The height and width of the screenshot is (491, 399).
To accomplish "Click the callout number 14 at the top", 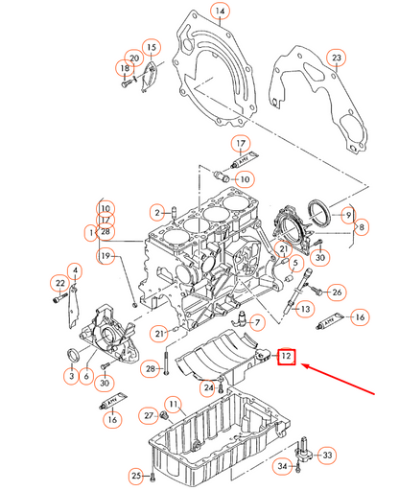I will click(220, 12).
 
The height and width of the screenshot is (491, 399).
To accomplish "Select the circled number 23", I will click(336, 59).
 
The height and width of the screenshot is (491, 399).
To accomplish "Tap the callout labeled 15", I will click(151, 47).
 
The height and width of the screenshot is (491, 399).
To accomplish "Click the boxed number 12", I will click(287, 357).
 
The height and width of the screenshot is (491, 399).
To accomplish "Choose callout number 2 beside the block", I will click(156, 211).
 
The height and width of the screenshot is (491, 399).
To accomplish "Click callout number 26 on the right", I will click(337, 292).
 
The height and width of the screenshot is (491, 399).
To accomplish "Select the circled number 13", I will click(303, 309).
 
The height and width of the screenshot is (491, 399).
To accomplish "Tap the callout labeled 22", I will click(59, 283).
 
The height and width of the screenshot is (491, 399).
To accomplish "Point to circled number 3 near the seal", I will click(70, 377).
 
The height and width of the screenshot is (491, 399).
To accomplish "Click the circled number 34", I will click(283, 467).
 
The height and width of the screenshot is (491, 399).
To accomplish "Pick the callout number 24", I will click(207, 388).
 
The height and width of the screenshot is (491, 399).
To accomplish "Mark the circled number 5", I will click(296, 261).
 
